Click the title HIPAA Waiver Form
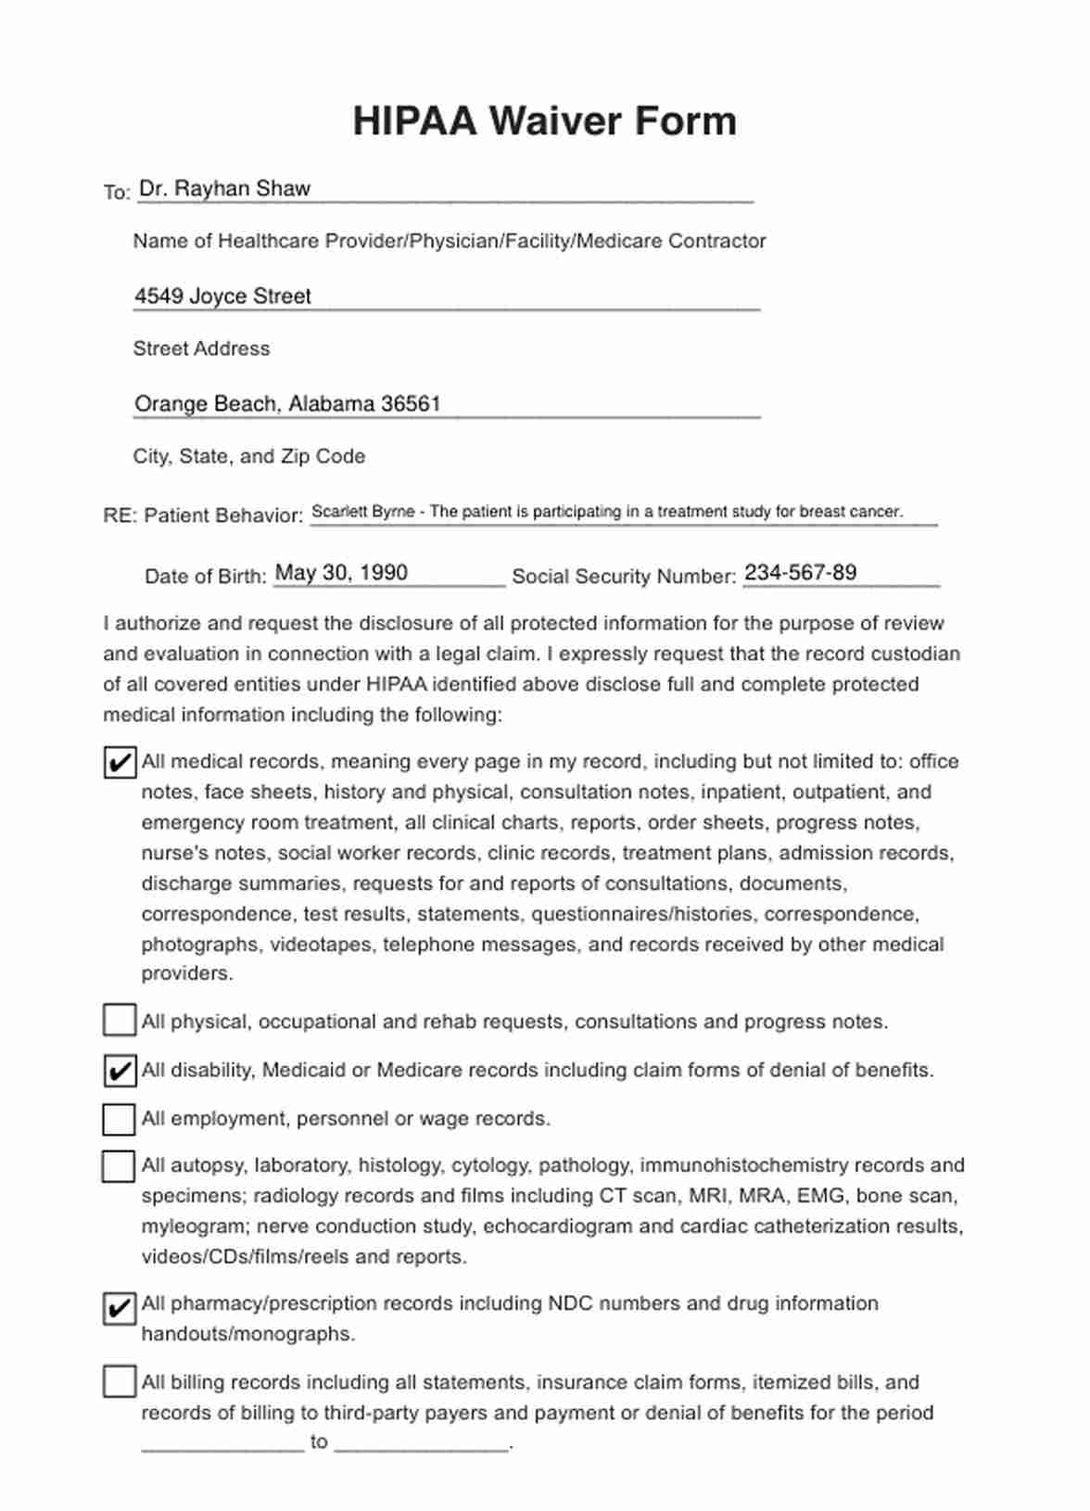[544, 121]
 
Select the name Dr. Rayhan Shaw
[224, 189]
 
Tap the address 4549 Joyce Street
[222, 297]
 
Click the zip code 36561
[411, 404]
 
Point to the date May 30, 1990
[341, 573]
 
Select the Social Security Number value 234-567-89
[800, 573]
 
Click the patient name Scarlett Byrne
[362, 512]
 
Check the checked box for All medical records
[120, 762]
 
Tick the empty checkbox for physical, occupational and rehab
[120, 1021]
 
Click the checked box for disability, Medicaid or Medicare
[120, 1070]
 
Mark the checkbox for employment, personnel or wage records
[120, 1119]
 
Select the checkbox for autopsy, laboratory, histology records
[120, 1166]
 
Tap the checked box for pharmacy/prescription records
[120, 1308]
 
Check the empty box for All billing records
[120, 1381]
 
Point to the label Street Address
[201, 349]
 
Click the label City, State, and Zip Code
[248, 457]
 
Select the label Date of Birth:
[205, 577]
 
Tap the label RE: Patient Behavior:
[203, 515]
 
